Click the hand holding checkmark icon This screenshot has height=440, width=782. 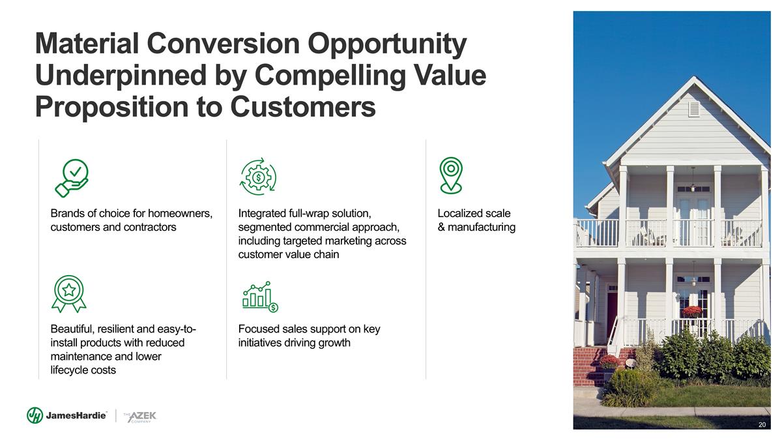point(72,178)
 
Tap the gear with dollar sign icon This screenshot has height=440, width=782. point(258,177)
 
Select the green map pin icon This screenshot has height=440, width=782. point(451,175)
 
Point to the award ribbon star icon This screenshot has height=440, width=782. point(69,294)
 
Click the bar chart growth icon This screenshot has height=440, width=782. point(260,297)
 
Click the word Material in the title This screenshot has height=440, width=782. point(87,43)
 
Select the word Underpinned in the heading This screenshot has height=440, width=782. point(121,76)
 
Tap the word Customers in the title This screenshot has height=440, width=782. point(302,107)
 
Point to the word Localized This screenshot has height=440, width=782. point(461,213)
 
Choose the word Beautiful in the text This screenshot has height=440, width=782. point(72,329)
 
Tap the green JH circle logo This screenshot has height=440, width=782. point(35,415)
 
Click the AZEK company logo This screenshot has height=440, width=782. point(140,417)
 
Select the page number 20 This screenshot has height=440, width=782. point(762,424)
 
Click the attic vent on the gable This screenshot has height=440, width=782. point(693,110)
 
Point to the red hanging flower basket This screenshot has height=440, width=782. point(691,311)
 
